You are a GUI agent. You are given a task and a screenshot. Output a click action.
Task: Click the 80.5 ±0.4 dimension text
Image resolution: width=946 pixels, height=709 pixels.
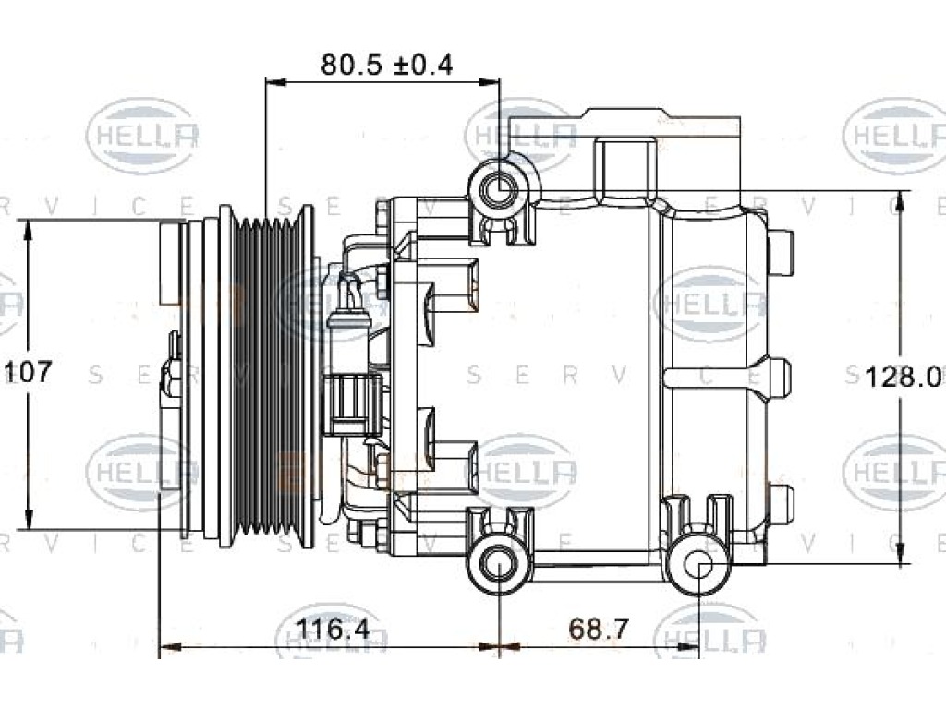point(387,65)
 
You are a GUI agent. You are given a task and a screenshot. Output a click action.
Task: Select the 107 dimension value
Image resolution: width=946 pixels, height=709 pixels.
point(29,372)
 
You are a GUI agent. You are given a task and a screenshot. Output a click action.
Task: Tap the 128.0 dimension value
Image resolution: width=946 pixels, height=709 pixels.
point(904,378)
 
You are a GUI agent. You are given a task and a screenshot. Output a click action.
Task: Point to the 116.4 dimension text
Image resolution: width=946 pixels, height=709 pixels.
point(333,630)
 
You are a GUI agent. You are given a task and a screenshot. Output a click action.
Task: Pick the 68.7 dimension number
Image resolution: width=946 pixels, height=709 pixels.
point(599,630)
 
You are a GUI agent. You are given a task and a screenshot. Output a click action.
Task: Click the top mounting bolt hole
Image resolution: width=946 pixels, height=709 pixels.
point(501,190)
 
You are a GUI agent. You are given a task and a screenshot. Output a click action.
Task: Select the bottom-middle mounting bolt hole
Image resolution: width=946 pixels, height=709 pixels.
point(500,562)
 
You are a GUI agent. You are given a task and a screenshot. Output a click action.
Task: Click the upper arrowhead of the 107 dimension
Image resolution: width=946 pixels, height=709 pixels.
point(27,230)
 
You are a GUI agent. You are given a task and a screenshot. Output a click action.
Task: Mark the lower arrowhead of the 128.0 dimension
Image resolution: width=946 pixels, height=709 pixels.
point(901,554)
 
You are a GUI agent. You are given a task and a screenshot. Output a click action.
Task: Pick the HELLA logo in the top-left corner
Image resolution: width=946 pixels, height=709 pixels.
point(143,136)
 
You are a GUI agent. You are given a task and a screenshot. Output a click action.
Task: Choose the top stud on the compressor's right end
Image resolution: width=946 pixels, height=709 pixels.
point(781,253)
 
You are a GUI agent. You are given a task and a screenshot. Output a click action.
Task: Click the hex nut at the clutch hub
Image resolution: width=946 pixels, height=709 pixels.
point(171,379)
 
